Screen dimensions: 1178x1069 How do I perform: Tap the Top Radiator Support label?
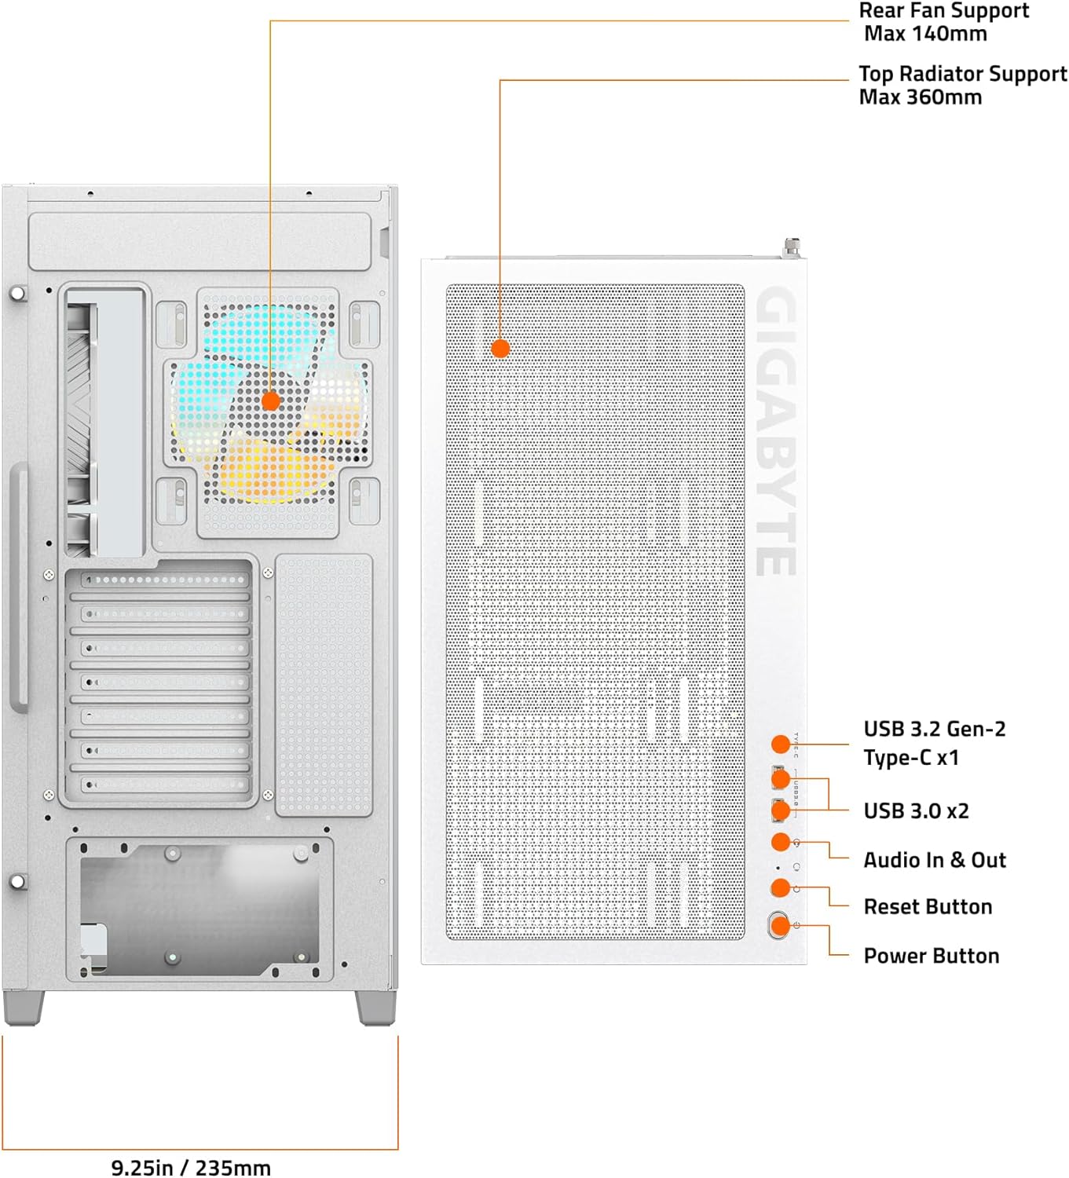pyautogui.click(x=962, y=85)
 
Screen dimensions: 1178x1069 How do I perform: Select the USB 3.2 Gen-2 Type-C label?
pyautogui.click(x=934, y=743)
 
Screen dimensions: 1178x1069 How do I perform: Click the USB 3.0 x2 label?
pyautogui.click(x=916, y=810)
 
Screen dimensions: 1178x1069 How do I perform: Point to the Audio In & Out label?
pyautogui.click(x=934, y=860)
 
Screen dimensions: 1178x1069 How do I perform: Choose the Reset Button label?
pyautogui.click(x=928, y=907)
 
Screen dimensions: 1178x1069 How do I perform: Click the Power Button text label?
pyautogui.click(x=931, y=956)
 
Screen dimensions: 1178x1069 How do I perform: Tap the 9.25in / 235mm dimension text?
pyautogui.click(x=191, y=1167)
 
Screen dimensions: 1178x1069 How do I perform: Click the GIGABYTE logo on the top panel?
pyautogui.click(x=776, y=432)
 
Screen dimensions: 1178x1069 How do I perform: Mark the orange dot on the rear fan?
pyautogui.click(x=270, y=401)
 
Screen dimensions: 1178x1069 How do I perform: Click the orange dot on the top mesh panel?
pyautogui.click(x=500, y=348)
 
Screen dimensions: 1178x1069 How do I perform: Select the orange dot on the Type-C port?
pyautogui.click(x=780, y=744)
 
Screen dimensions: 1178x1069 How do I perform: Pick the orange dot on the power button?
pyautogui.click(x=780, y=926)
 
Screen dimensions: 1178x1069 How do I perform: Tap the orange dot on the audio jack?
pyautogui.click(x=780, y=842)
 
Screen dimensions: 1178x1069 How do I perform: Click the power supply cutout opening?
pyautogui.click(x=200, y=907)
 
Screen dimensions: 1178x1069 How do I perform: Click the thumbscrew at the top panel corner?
pyautogui.click(x=791, y=248)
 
